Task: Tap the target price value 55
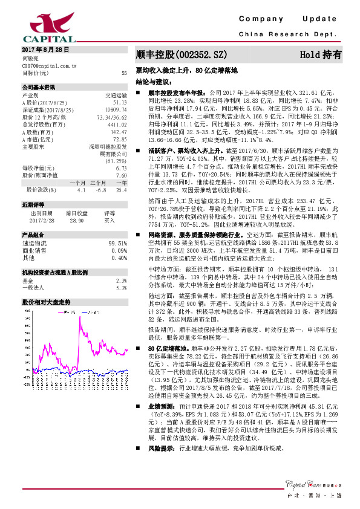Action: tap(124, 73)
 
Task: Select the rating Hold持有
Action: tap(321, 54)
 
